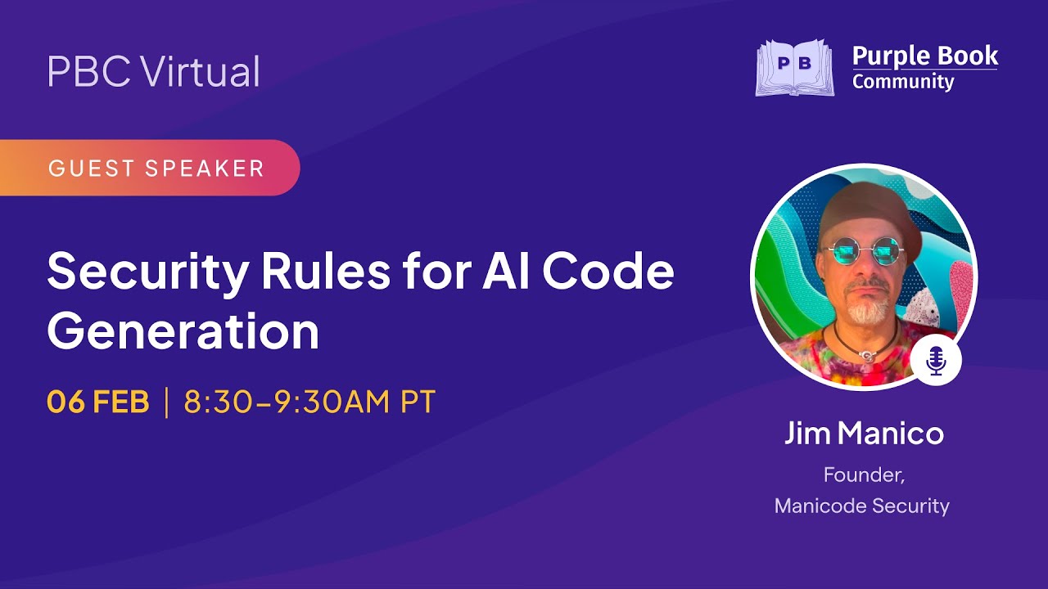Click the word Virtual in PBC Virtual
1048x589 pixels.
pyautogui.click(x=201, y=72)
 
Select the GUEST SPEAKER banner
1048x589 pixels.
pyautogui.click(x=156, y=169)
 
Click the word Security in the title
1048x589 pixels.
pyautogui.click(x=147, y=272)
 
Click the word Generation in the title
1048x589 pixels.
pyautogui.click(x=183, y=332)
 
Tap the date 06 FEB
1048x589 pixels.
pyautogui.click(x=98, y=402)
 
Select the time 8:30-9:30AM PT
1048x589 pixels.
pyautogui.click(x=309, y=402)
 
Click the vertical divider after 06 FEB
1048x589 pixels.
pyautogui.click(x=167, y=402)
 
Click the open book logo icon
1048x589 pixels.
pyautogui.click(x=794, y=68)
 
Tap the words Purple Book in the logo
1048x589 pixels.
pyautogui.click(x=925, y=56)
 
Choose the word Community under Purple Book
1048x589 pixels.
pyautogui.click(x=903, y=82)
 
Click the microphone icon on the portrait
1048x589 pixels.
pyautogui.click(x=936, y=360)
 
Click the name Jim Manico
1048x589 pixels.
pyautogui.click(x=864, y=434)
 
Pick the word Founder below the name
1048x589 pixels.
pyautogui.click(x=863, y=474)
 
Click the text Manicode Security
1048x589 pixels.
pyautogui.click(x=862, y=506)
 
